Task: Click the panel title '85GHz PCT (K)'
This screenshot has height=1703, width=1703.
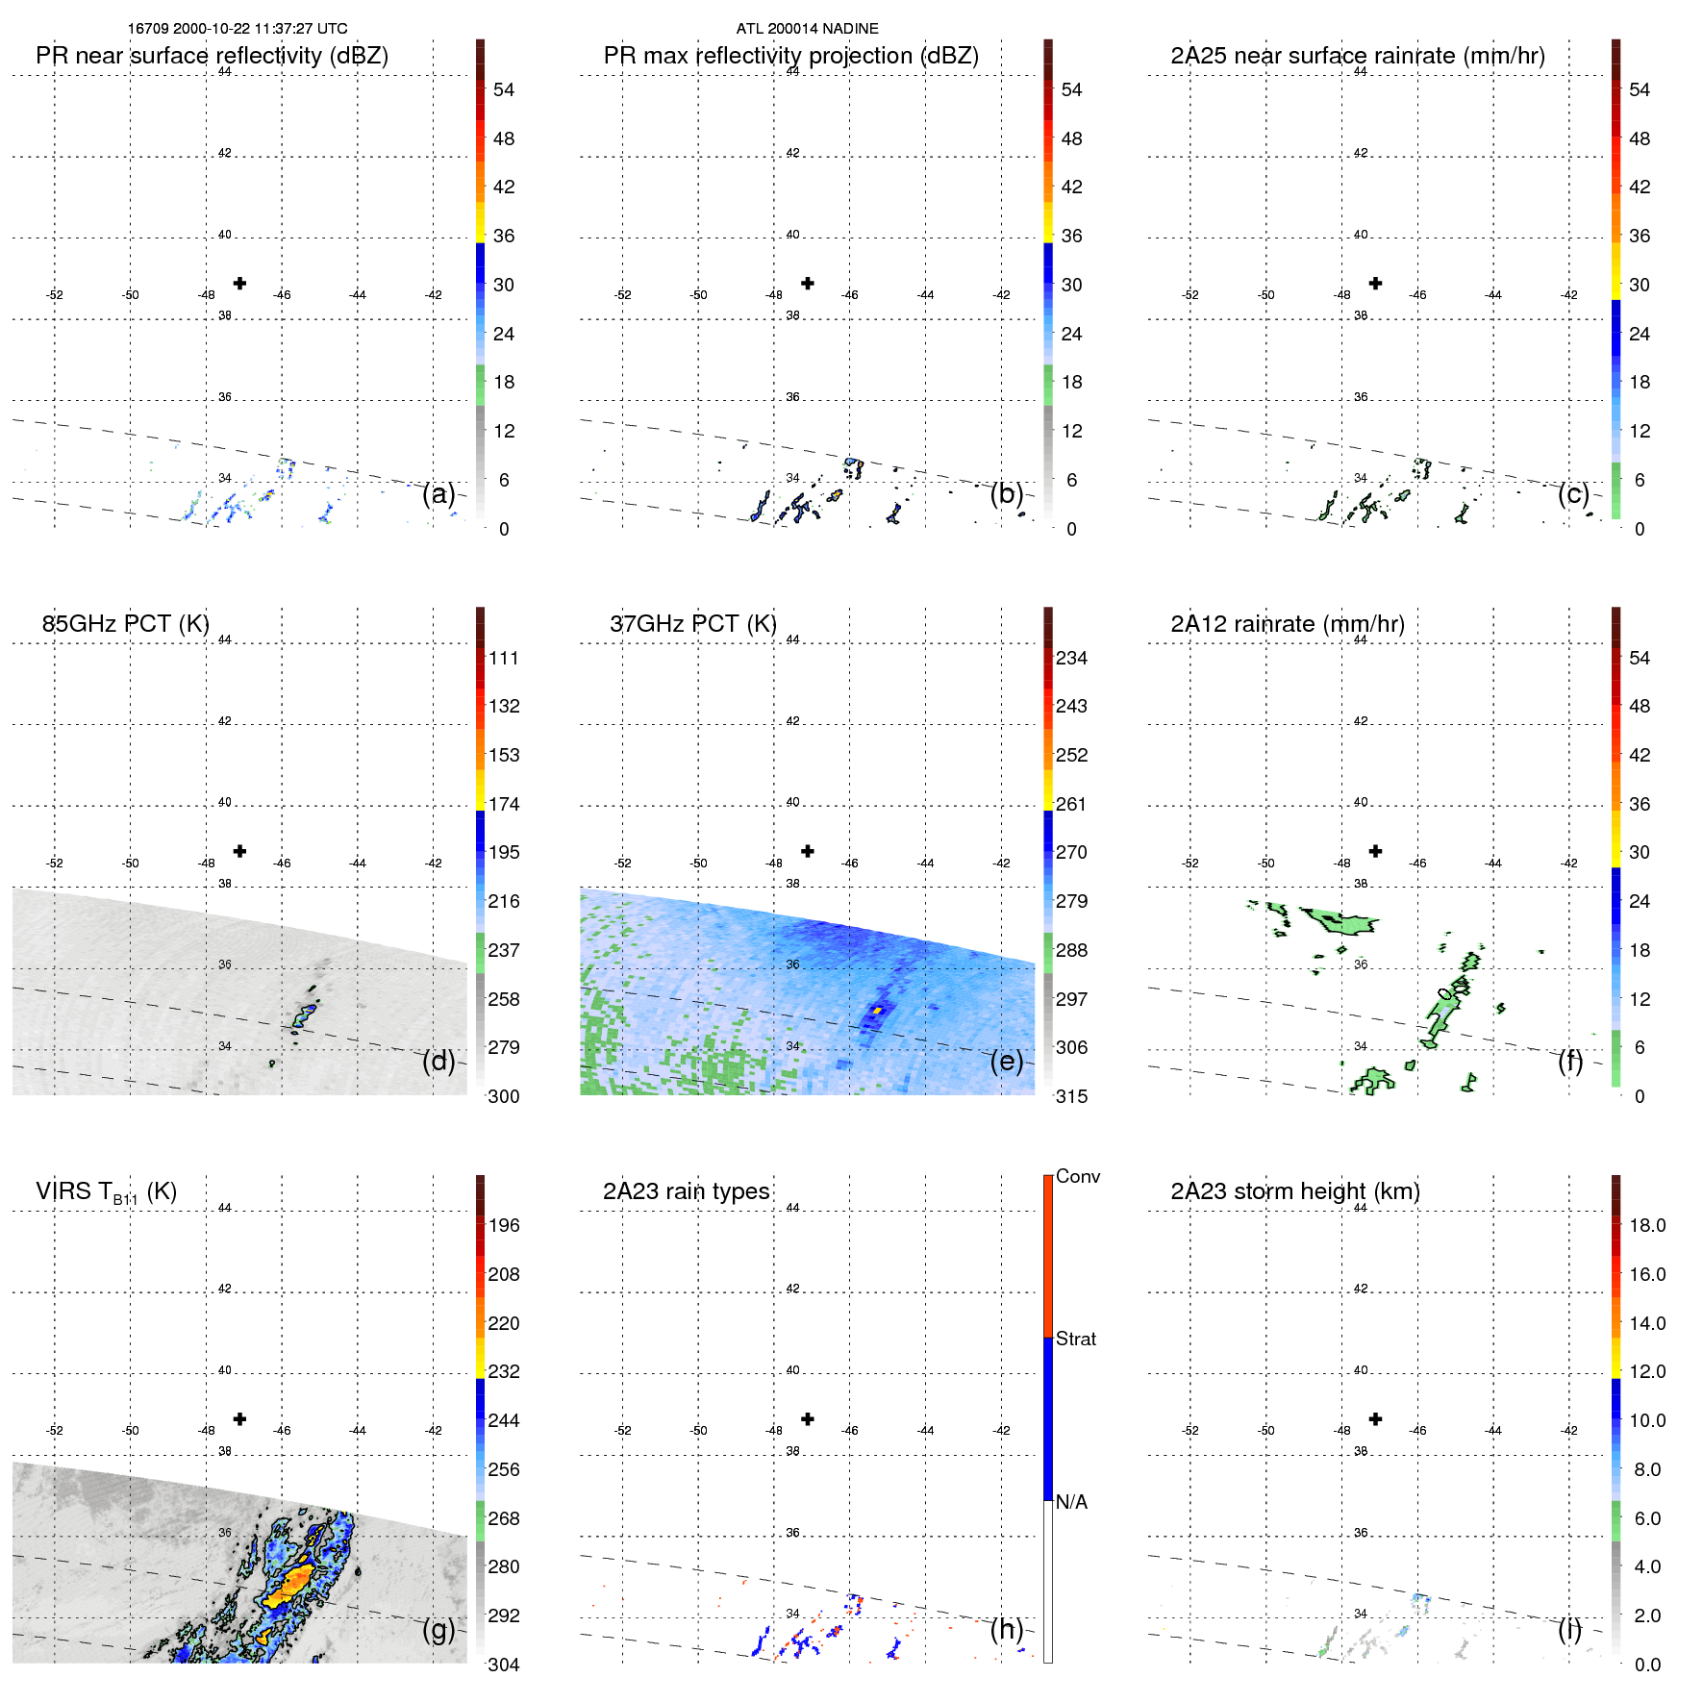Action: point(125,624)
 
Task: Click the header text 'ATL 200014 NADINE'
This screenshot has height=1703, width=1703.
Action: point(807,29)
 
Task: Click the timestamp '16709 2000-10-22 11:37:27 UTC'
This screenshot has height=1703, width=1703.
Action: point(238,29)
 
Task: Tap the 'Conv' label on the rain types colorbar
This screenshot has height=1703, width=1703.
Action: point(1077,1177)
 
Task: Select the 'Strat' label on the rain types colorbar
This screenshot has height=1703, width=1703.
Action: point(1075,1340)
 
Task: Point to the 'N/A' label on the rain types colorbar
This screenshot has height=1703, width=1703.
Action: point(1071,1502)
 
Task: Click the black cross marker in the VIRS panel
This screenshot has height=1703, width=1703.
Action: point(239,1419)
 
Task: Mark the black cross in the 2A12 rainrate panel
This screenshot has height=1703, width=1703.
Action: point(1375,851)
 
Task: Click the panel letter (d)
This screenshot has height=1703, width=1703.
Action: point(438,1061)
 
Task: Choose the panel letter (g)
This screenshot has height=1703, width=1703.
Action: point(438,1629)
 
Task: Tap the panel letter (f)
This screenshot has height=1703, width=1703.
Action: point(1569,1061)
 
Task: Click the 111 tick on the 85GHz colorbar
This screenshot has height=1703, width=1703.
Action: point(503,659)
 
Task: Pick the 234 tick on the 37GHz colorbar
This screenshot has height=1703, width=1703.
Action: point(1071,659)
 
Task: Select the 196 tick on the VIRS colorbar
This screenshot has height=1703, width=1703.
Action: point(503,1226)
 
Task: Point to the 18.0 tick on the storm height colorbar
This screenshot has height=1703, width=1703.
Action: point(1646,1226)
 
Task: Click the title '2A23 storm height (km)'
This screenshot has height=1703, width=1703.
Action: point(1294,1191)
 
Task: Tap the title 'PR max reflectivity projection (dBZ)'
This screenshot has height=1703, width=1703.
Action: point(790,56)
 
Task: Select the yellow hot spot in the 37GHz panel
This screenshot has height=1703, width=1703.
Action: point(877,1010)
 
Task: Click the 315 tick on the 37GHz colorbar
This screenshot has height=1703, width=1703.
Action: point(1071,1096)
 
